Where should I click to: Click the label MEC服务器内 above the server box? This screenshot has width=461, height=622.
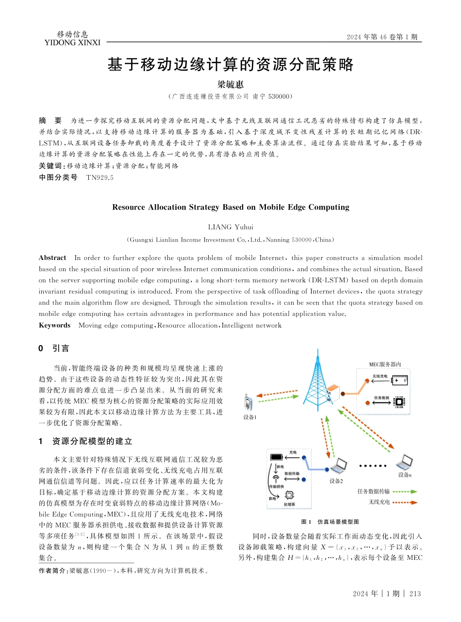pyautogui.click(x=385, y=364)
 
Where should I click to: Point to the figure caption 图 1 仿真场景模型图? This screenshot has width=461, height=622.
pyautogui.click(x=330, y=521)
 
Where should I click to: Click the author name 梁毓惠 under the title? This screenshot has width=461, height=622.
pyautogui.click(x=230, y=85)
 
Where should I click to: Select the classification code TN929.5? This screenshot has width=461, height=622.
pyautogui.click(x=99, y=178)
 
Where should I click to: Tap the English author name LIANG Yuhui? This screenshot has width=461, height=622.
pyautogui.click(x=230, y=227)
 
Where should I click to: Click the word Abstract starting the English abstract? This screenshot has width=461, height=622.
pyautogui.click(x=52, y=258)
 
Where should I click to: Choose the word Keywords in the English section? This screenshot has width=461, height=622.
pyautogui.click(x=54, y=325)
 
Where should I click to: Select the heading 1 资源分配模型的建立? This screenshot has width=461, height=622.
pyautogui.click(x=85, y=441)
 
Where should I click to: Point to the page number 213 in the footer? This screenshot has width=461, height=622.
pyautogui.click(x=415, y=594)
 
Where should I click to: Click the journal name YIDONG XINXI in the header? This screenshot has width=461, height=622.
pyautogui.click(x=72, y=43)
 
